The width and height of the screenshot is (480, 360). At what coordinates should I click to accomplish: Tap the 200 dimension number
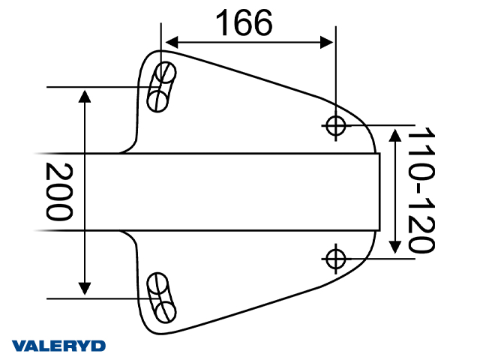pos(59,190)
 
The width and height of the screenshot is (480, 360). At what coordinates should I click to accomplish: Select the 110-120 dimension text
pos(421,190)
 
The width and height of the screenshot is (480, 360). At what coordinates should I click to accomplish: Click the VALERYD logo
pos(59,346)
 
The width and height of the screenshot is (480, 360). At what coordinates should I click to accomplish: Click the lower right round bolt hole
pos(336,257)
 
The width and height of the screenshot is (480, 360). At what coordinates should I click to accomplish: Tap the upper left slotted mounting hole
pos(161,88)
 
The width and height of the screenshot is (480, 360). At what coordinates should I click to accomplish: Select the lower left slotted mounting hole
pos(161,297)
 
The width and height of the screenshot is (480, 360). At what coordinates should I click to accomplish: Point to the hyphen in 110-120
pos(421,192)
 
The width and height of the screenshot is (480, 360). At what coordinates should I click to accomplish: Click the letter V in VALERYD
pos(19,346)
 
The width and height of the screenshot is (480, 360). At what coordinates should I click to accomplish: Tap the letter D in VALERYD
pos(98,346)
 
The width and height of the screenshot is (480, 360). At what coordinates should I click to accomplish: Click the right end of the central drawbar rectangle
pos(378,191)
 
